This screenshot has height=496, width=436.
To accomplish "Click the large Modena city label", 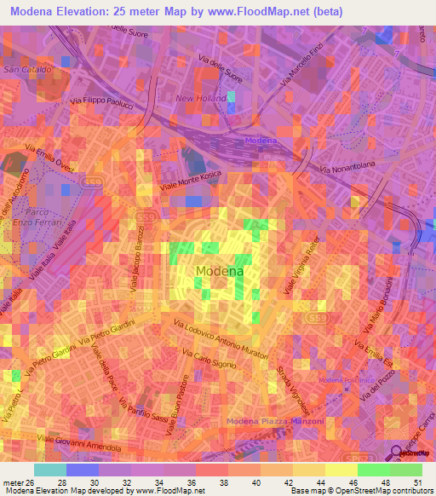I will pyautogui.click(x=220, y=271).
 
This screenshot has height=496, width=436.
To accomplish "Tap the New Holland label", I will pyautogui.click(x=201, y=98).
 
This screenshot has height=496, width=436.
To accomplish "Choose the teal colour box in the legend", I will pyautogui.click(x=49, y=469).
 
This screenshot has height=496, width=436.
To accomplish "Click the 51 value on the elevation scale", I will pyautogui.click(x=416, y=484).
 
